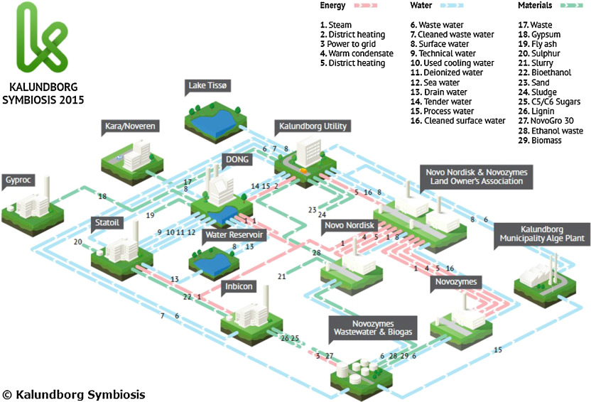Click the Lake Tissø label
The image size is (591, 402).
pos(207,85)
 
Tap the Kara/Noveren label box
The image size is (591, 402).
pos(130,126)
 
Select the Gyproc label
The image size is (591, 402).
pos(18,180)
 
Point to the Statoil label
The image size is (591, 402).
pos(107,223)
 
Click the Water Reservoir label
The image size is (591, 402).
pos(234,234)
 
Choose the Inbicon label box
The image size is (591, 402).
pos(239,286)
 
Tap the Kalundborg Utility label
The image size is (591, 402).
pos(313,126)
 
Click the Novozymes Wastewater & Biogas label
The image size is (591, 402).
pos(373,327)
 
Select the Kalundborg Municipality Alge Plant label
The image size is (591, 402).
pos(542,234)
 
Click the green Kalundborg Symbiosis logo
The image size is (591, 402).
pos(42,38)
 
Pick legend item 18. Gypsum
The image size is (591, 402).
pos(539,34)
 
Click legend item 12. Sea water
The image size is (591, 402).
pos(435,82)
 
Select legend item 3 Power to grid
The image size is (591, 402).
pos(348,44)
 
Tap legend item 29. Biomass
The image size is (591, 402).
pos(540,140)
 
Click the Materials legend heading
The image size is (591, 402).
pos(535,5)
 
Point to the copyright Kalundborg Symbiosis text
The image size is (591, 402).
pos(74,394)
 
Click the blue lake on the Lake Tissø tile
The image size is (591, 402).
pos(212,120)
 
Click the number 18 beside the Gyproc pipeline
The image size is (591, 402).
pos(102,196)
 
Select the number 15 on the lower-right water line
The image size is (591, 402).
pos(498,350)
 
